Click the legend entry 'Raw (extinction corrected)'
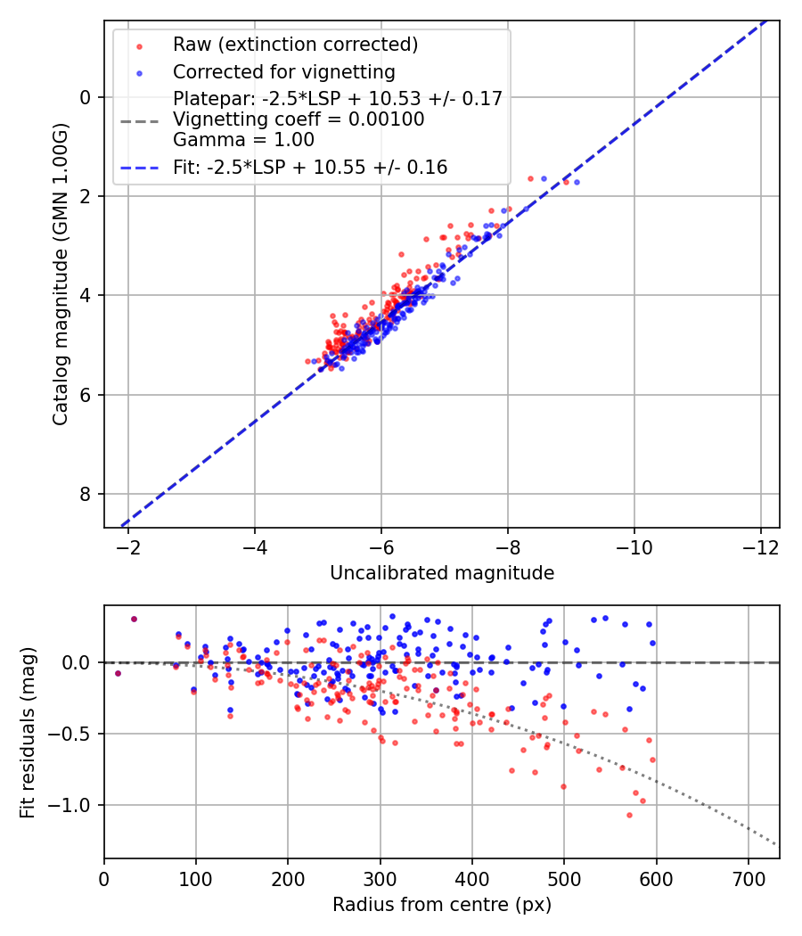pos(295,45)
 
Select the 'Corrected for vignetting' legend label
pos(283,71)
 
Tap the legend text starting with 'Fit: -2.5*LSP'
pos(310,167)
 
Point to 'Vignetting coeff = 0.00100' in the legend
pos(299,119)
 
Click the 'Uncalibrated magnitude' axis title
pos(442,573)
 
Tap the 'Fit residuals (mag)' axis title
pos(28,732)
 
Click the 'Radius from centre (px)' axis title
pos(442,905)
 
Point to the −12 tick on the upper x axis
pos(760,544)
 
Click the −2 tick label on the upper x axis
pos(128,544)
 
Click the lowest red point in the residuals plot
pos(629,815)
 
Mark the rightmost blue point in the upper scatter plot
pos(577,182)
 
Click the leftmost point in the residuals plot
pos(118,673)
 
